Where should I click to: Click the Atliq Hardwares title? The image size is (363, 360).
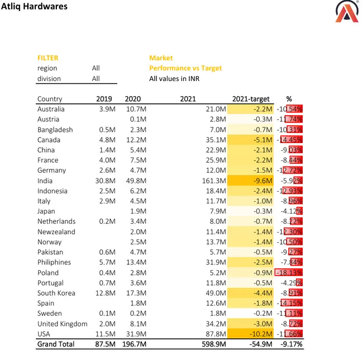[35, 7]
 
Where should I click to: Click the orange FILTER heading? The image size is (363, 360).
[48, 58]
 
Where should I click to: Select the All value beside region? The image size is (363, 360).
[96, 68]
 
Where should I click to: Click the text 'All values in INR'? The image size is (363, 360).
[174, 79]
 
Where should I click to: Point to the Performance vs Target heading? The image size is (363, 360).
[185, 68]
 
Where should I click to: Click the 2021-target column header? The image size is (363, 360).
[251, 99]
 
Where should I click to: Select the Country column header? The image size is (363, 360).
[50, 99]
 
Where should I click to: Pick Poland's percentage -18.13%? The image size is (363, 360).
[289, 272]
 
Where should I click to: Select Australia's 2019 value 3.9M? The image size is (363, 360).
[104, 109]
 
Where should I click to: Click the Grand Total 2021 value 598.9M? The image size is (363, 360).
[214, 344]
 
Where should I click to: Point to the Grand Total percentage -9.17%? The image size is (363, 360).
[289, 344]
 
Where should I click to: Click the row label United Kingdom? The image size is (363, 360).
[63, 324]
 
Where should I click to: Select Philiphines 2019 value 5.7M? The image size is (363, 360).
[104, 262]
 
